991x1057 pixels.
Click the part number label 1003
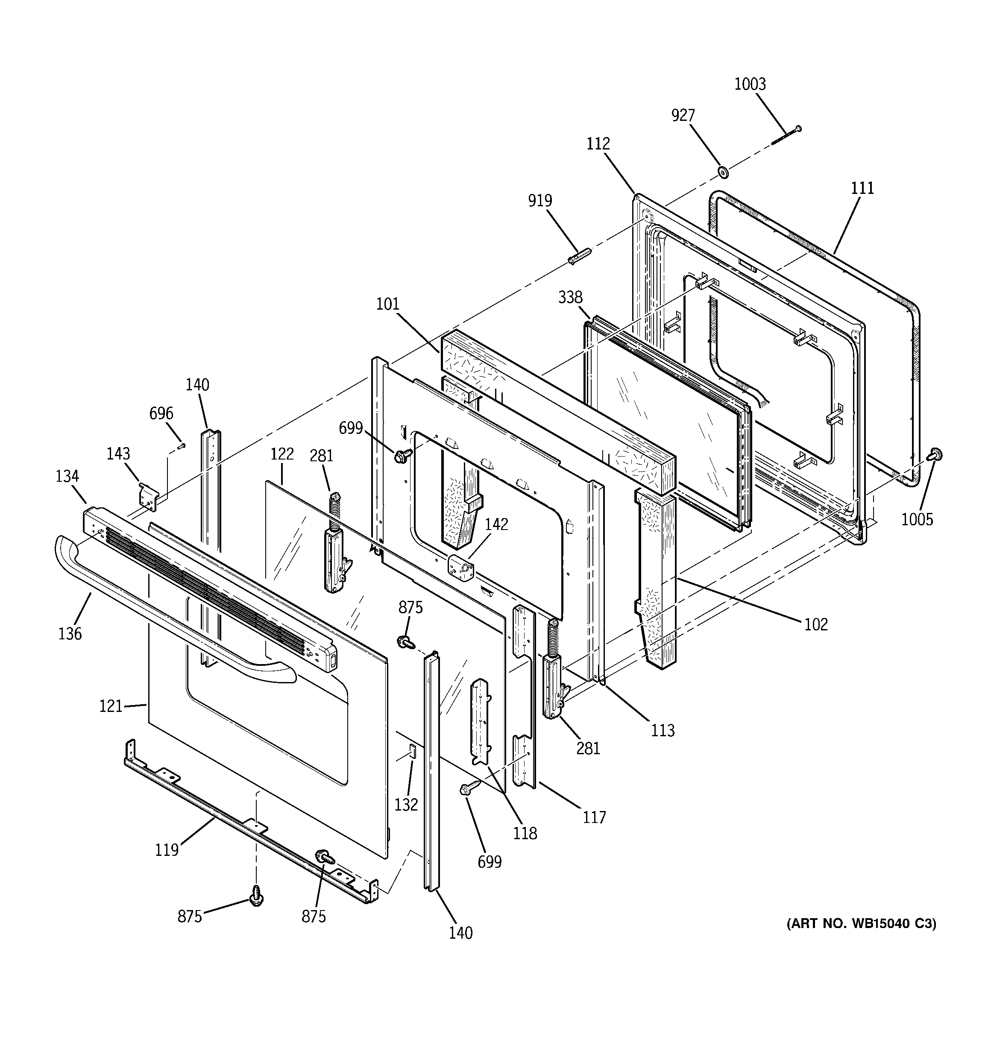click(750, 84)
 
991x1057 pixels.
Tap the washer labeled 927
click(723, 171)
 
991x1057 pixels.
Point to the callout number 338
click(570, 297)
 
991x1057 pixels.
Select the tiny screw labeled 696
click(182, 445)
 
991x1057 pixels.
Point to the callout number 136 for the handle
click(70, 633)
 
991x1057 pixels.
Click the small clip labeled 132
click(412, 751)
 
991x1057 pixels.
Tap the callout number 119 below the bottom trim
click(167, 850)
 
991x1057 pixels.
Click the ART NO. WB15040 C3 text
click(861, 924)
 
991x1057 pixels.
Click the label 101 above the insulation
click(387, 304)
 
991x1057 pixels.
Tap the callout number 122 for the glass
click(282, 454)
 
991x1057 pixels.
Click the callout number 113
click(663, 731)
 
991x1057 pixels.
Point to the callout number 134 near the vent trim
click(67, 476)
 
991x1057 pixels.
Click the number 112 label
click(598, 143)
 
